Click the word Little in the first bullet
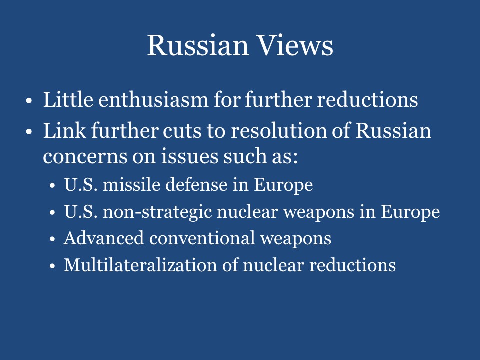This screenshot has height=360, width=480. tap(66, 100)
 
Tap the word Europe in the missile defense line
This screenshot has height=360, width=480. tap(283, 185)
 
